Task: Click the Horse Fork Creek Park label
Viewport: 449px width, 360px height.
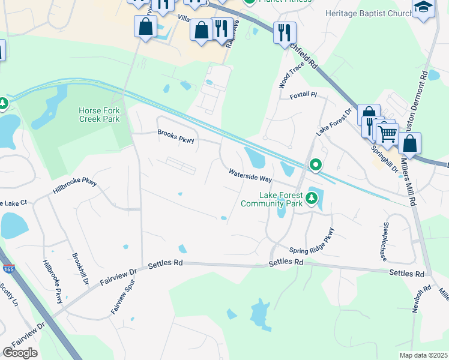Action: click(99, 115)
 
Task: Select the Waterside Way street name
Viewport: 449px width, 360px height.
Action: click(250, 176)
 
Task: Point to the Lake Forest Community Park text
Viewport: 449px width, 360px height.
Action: click(272, 199)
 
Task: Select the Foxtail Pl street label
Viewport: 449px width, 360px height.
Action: click(303, 95)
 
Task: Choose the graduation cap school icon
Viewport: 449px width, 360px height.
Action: click(423, 8)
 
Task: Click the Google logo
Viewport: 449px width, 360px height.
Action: click(20, 353)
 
